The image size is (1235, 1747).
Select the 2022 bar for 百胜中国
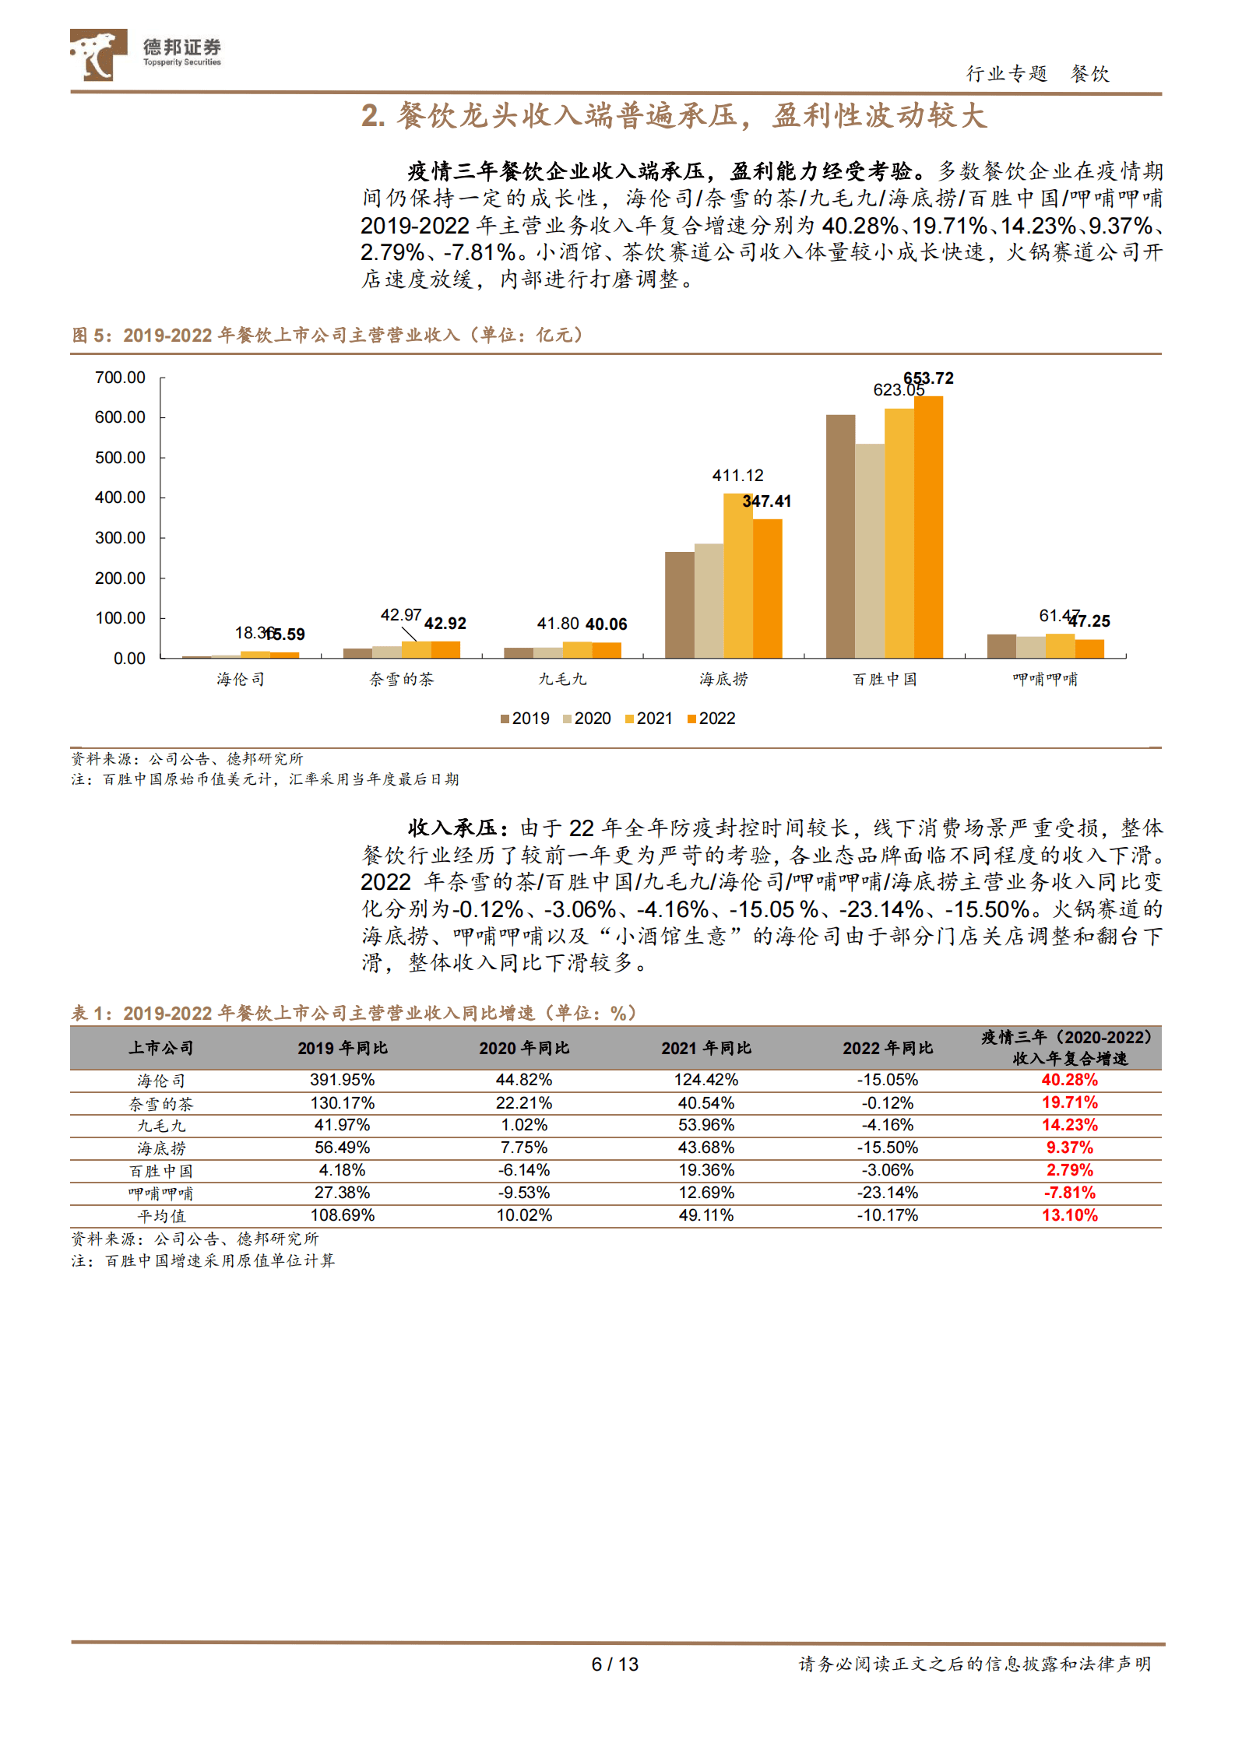pos(928,527)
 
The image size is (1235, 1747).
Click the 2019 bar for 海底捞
pos(679,605)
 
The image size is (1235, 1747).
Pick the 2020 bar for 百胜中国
pos(869,551)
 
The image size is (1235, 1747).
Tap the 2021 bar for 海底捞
pos(737,575)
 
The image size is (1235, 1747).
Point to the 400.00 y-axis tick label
pos(120,497)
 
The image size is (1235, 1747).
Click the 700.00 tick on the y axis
pos(120,378)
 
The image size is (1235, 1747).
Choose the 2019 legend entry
pos(525,719)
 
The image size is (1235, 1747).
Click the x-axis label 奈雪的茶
pos(401,680)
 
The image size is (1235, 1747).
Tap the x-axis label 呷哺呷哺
pos(1045,680)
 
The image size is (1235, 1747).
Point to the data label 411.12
pos(737,476)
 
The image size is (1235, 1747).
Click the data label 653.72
pos(928,378)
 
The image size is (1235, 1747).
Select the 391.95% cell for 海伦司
pos(342,1080)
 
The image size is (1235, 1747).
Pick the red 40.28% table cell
pos(1069,1080)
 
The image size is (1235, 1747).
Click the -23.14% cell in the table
pos(888,1193)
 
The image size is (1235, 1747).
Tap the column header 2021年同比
pos(706,1048)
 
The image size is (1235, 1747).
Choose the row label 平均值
pos(161,1216)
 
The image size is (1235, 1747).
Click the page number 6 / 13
pos(614,1664)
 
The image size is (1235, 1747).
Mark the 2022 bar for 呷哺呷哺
pos(1089,649)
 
